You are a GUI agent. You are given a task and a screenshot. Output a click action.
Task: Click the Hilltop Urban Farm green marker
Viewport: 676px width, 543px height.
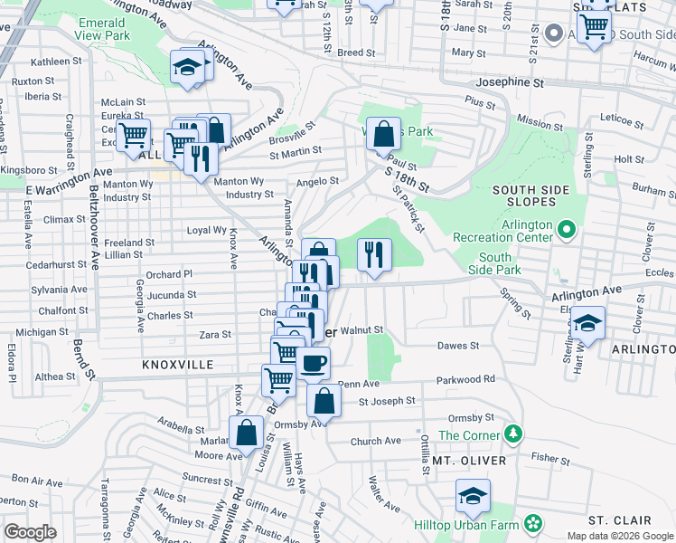pos(533,522)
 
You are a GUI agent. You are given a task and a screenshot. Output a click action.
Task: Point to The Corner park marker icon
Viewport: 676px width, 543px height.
pos(514,434)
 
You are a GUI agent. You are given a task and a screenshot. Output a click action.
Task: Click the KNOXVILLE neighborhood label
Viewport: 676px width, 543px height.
pos(177,365)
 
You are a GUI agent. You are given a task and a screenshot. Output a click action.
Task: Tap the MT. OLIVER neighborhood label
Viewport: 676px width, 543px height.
pos(466,461)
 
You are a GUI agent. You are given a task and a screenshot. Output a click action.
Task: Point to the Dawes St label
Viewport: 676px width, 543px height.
pos(457,345)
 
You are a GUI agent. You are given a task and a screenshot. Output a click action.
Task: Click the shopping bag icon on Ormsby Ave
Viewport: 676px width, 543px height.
pos(324,400)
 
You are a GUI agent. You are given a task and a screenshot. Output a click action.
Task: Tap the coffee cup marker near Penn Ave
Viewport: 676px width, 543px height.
pos(313,363)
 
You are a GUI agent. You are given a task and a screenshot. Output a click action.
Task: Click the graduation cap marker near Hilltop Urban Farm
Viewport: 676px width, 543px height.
pos(472,497)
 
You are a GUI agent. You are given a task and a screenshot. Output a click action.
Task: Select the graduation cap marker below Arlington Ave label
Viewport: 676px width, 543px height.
pos(587,323)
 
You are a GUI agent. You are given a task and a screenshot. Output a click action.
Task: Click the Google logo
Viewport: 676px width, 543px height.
pos(30,532)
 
